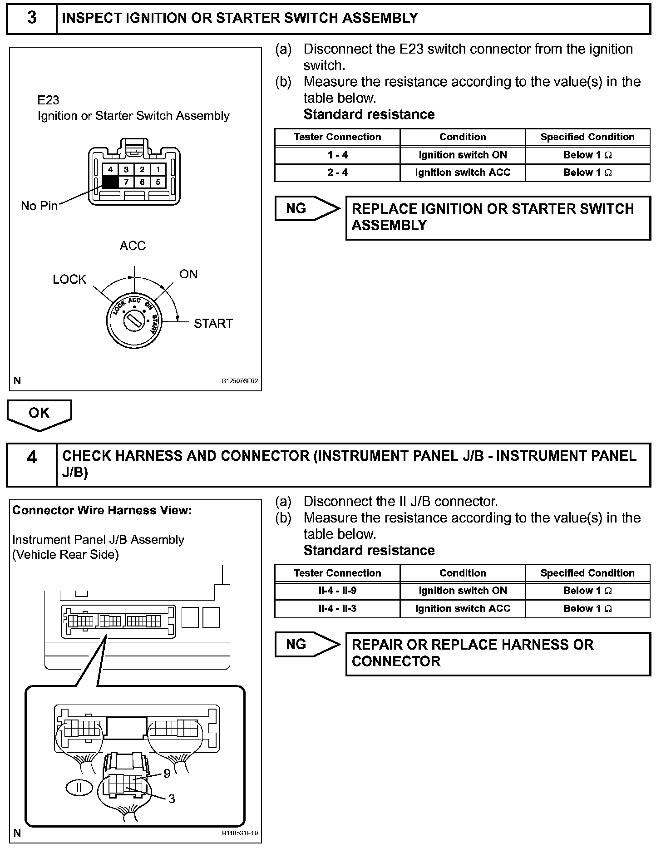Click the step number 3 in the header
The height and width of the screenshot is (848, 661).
pyautogui.click(x=32, y=18)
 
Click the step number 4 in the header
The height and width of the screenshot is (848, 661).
pyautogui.click(x=32, y=457)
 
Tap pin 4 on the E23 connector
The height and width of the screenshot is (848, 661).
pyautogui.click(x=110, y=170)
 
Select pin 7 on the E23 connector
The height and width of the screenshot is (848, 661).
pyautogui.click(x=126, y=182)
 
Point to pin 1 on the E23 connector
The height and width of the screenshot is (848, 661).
pyautogui.click(x=158, y=170)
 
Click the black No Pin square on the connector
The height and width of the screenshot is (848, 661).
pyautogui.click(x=110, y=182)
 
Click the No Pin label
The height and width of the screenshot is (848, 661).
pyautogui.click(x=39, y=206)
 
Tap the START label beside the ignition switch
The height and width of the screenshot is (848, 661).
pyautogui.click(x=213, y=324)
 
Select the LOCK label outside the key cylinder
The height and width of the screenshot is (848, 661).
pyautogui.click(x=69, y=279)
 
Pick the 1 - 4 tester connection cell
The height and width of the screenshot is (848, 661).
pyautogui.click(x=337, y=155)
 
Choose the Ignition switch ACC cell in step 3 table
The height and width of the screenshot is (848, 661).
pyautogui.click(x=463, y=173)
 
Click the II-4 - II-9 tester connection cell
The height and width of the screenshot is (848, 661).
pyautogui.click(x=337, y=591)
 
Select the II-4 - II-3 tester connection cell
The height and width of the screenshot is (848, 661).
pyautogui.click(x=337, y=609)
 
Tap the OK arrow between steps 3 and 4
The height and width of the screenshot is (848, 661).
pyautogui.click(x=39, y=414)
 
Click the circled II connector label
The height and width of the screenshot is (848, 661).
pyautogui.click(x=79, y=788)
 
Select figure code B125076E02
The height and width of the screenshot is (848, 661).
pyautogui.click(x=240, y=381)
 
